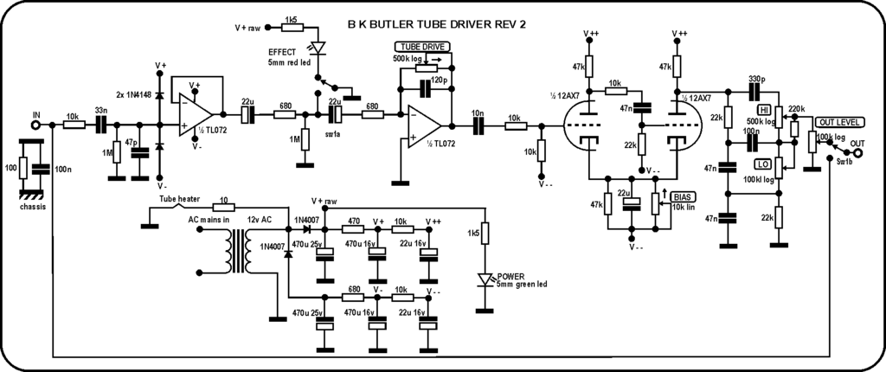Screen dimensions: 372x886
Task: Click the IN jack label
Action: pos(35,114)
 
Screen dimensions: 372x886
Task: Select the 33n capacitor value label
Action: pos(101,111)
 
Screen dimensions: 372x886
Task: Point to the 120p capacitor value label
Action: pos(440,79)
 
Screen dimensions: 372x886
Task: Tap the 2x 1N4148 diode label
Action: pos(132,93)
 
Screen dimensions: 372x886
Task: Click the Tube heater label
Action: pos(179,197)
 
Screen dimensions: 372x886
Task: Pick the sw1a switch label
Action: pos(332,137)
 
